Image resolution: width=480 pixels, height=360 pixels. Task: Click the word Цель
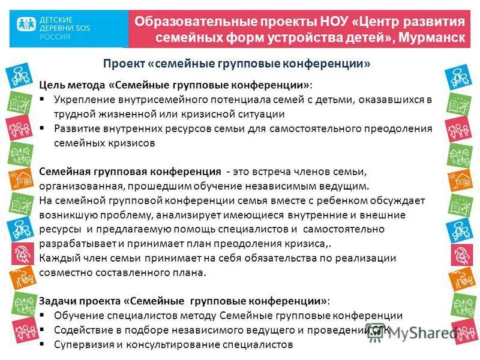[53, 84]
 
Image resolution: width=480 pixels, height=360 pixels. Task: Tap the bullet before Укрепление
[43, 99]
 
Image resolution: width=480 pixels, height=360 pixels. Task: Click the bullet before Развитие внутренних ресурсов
[43, 128]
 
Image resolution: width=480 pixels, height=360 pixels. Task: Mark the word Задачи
[57, 301]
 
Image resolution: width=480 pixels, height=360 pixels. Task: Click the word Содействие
[82, 330]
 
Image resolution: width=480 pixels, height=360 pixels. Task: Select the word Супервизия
[82, 344]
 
